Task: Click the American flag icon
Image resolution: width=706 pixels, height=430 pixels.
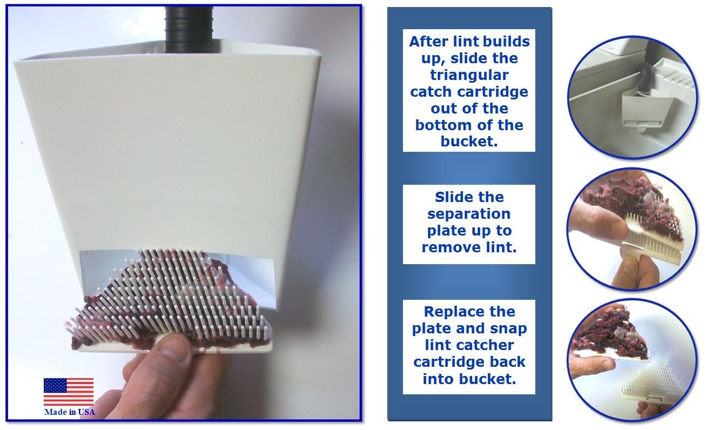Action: tap(69, 392)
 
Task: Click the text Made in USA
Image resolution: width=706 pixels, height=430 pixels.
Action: tap(69, 412)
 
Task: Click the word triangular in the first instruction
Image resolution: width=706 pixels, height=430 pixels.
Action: tap(469, 75)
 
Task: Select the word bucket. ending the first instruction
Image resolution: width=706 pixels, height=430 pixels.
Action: tap(469, 142)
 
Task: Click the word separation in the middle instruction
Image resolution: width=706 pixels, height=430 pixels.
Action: tap(469, 214)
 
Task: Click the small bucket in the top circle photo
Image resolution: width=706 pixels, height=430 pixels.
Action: tap(646, 107)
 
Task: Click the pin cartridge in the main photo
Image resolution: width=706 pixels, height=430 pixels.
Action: tap(173, 303)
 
